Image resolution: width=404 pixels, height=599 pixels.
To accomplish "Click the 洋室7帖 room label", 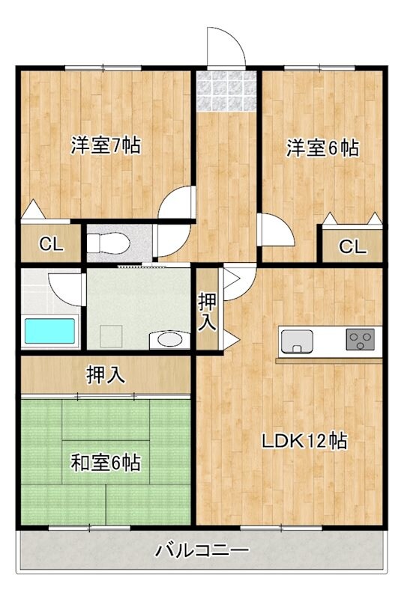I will (106, 145).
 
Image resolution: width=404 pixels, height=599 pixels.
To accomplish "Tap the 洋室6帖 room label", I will (322, 148).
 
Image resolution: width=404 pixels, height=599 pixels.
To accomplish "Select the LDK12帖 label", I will (304, 441).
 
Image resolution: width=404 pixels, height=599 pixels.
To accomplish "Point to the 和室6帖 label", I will (106, 462).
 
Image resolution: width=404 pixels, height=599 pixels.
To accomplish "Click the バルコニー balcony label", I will (202, 552).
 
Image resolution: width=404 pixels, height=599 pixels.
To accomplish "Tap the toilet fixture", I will (108, 243).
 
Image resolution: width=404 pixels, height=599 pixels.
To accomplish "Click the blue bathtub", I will (50, 331).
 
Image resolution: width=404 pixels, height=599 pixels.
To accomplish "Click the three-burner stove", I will (361, 341).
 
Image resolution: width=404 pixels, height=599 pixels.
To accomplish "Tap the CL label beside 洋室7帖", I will (50, 243).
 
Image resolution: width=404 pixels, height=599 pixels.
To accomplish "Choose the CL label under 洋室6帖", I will (352, 246).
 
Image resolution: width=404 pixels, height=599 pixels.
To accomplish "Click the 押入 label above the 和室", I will (106, 374).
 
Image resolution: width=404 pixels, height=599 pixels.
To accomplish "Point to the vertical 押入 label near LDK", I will (207, 312).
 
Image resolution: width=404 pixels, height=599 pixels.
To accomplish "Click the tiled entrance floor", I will (226, 91).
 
